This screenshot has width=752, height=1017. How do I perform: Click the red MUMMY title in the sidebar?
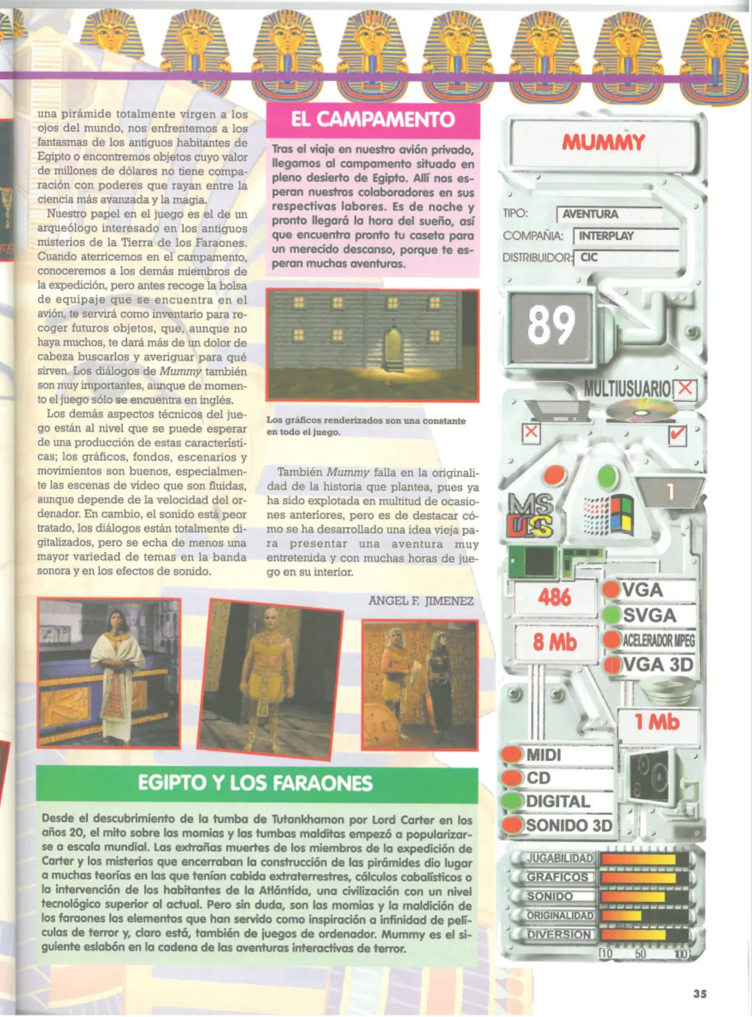tap(603, 142)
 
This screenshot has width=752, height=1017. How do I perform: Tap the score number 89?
tap(551, 325)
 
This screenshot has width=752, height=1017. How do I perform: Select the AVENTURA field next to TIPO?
tap(590, 214)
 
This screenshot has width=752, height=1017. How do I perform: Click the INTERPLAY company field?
tap(606, 235)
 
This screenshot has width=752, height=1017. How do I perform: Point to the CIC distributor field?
tap(589, 257)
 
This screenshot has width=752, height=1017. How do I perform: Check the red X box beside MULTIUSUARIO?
tap(686, 388)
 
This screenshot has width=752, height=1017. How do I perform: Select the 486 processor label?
tap(555, 597)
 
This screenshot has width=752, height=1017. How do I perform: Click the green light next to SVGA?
tap(611, 614)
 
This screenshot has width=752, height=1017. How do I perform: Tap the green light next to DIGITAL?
tap(512, 801)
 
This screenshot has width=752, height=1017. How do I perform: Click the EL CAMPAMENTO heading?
tap(372, 120)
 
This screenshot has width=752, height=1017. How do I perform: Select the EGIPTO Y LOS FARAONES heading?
tap(255, 783)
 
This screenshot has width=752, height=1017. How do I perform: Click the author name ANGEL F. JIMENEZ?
tap(420, 601)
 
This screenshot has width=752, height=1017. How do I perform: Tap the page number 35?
tap(700, 993)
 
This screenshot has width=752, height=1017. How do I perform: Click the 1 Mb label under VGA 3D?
tap(657, 722)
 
